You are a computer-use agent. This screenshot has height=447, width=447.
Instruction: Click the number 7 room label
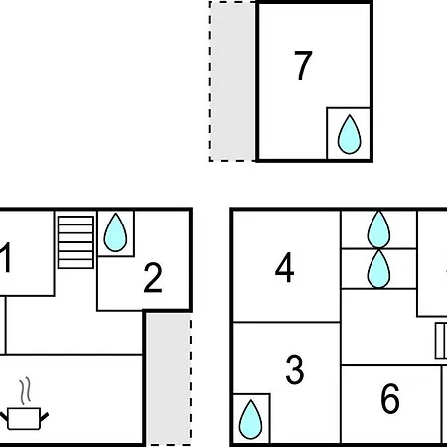tap(303, 66)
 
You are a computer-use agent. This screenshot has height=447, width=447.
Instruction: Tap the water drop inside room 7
tap(349, 135)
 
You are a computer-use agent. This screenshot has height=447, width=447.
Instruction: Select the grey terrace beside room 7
tap(232, 81)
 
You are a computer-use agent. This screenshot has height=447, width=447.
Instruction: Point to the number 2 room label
tap(153, 277)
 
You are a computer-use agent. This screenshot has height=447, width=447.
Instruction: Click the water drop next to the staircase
tap(115, 232)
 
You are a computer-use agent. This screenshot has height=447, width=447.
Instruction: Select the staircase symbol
tap(75, 242)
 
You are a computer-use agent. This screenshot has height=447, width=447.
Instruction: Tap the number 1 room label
tap(6, 257)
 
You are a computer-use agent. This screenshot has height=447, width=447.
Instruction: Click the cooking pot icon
tap(24, 419)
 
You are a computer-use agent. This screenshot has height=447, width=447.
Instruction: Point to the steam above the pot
tap(25, 391)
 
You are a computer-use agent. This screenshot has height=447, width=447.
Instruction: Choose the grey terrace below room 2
tap(169, 379)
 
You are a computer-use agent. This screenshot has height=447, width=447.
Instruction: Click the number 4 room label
tap(284, 267)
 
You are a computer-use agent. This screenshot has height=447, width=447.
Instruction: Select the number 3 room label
tap(294, 370)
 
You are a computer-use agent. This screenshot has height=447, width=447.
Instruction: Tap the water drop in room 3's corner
tap(250, 420)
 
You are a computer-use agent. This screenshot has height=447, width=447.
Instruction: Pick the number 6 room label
tap(390, 398)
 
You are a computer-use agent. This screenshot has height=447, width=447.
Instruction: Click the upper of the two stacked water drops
tap(378, 229)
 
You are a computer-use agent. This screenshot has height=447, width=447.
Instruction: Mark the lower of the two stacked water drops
tap(378, 269)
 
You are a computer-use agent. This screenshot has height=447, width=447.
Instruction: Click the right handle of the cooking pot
tap(45, 417)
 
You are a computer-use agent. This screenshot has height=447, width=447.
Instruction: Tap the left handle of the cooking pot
tap(3, 417)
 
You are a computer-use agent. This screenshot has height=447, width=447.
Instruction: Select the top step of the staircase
tap(75, 221)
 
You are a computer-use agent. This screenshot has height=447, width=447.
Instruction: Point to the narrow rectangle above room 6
tap(441, 341)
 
